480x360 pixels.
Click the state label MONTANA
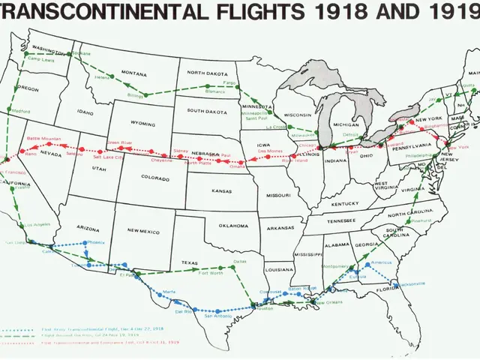tap(133, 73)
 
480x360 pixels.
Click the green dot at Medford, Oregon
tap(16, 111)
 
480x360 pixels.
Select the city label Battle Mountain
tap(42, 139)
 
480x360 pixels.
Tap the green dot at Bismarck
tap(208, 87)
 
